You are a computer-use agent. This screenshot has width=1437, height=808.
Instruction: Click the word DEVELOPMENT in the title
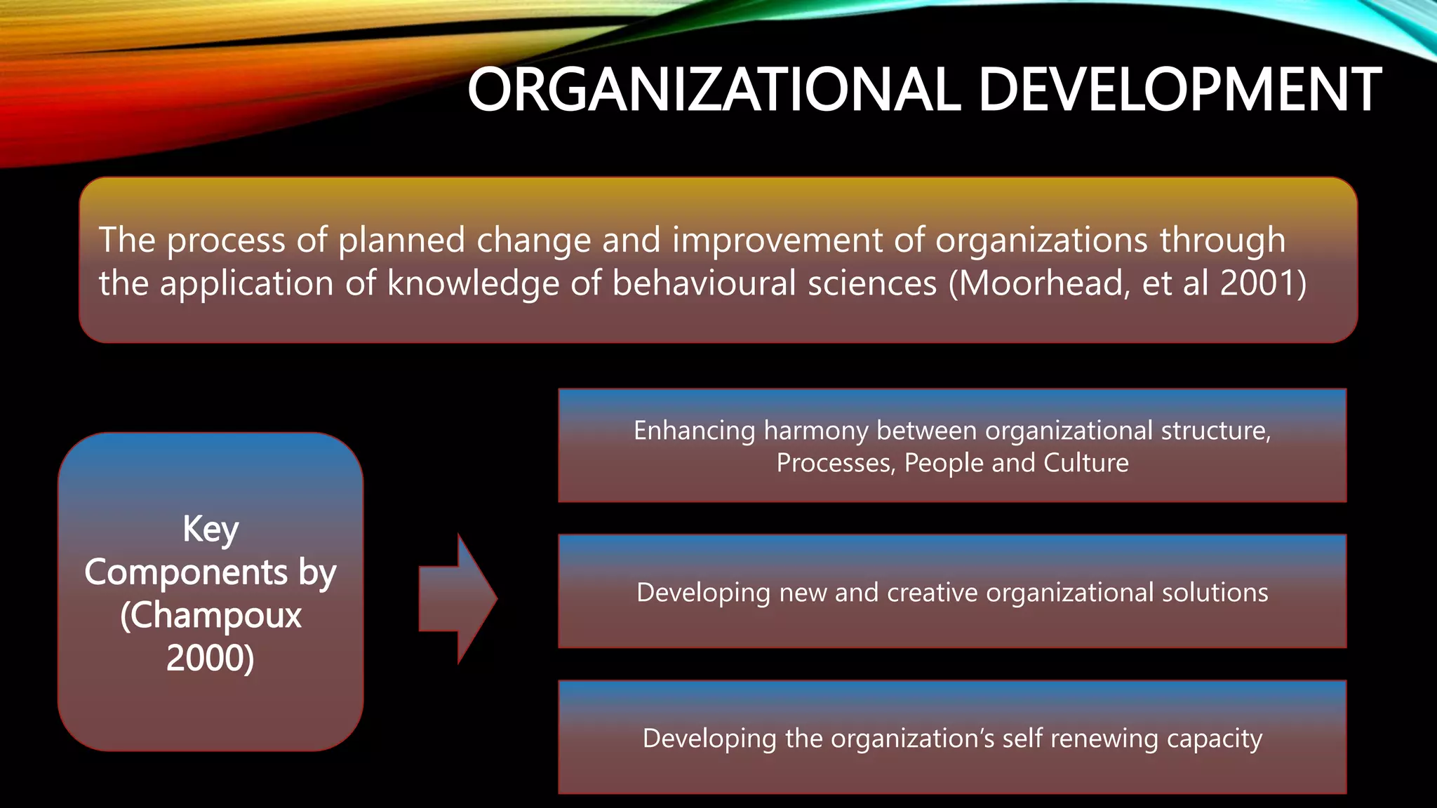point(1179,90)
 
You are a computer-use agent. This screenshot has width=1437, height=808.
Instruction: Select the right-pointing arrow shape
point(457,599)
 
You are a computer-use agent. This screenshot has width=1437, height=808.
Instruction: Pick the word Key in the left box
point(210,529)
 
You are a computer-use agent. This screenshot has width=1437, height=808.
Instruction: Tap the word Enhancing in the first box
point(694,431)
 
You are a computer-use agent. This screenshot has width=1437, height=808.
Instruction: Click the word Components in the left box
point(186,572)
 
